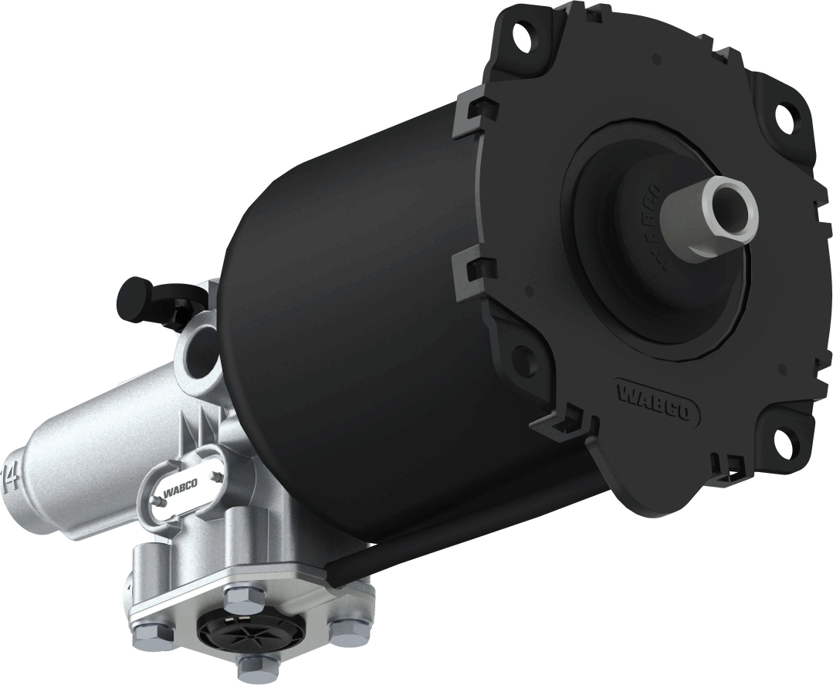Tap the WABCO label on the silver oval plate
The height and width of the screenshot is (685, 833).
pyautogui.click(x=180, y=485)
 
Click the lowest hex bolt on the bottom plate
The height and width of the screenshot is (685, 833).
pyautogui.click(x=249, y=667)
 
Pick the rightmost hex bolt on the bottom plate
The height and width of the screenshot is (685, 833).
pyautogui.click(x=344, y=630)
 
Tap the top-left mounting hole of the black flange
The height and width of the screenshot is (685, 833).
pyautogui.click(x=527, y=32)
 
